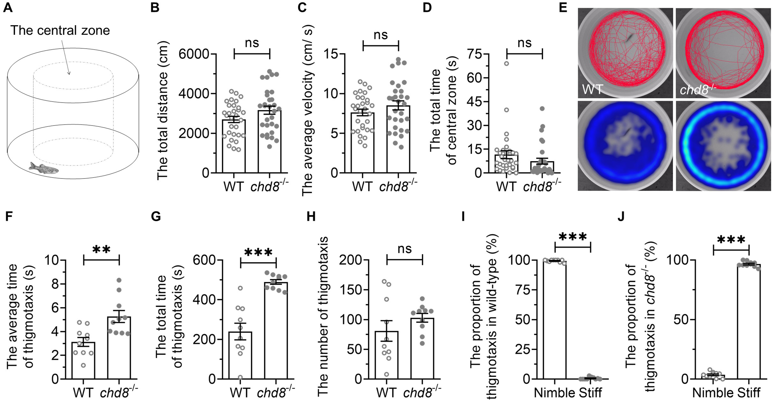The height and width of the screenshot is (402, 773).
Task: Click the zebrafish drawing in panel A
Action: (x=44, y=168)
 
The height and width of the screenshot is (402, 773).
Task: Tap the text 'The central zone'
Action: (x=60, y=31)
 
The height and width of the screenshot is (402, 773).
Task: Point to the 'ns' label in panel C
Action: (x=381, y=35)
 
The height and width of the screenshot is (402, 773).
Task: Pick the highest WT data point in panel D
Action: (x=507, y=63)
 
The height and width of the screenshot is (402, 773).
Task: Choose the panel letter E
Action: (x=563, y=7)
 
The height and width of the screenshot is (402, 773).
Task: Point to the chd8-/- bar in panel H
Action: (x=422, y=348)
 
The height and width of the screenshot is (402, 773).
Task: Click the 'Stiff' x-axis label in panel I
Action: (x=590, y=393)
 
